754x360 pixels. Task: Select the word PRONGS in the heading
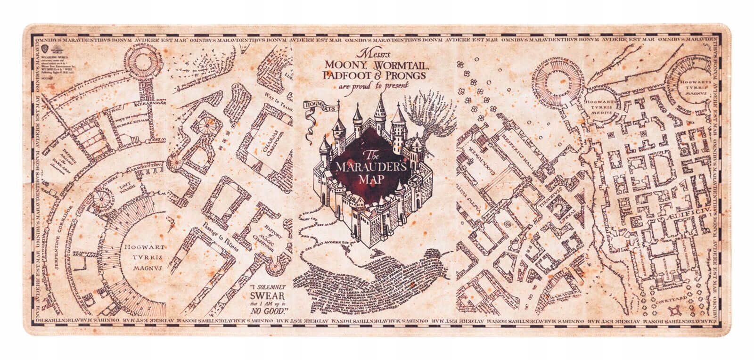(408, 75)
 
